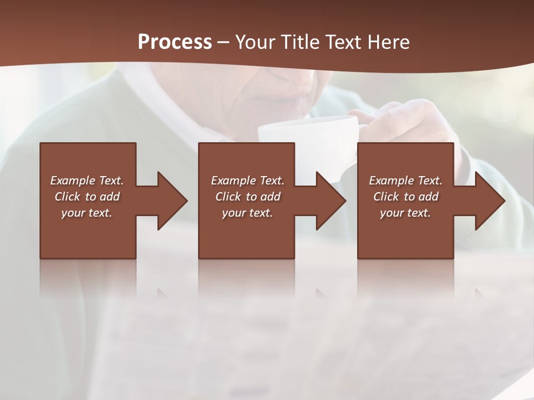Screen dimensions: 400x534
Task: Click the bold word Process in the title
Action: [175, 42]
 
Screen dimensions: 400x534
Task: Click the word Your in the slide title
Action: [255, 42]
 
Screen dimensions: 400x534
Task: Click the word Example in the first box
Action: [73, 181]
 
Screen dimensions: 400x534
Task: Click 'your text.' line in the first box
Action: [87, 213]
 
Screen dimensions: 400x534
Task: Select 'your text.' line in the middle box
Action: [248, 213]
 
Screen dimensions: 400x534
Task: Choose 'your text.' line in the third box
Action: [406, 213]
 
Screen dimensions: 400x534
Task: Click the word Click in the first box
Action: [67, 197]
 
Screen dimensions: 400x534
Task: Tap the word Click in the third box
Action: [386, 197]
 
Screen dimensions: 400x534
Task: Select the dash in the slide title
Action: [223, 42]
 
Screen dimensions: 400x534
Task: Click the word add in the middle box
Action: [270, 197]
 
